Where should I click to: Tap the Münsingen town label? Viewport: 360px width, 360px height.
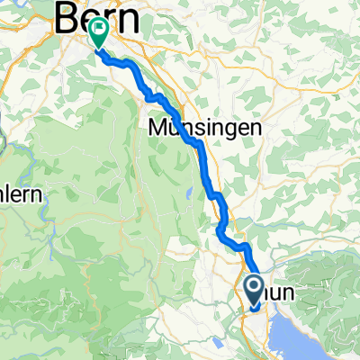pos(205,129)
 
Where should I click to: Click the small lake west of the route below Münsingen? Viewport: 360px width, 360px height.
pos(187,191)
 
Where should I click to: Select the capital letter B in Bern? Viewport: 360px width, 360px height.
pos(67,17)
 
